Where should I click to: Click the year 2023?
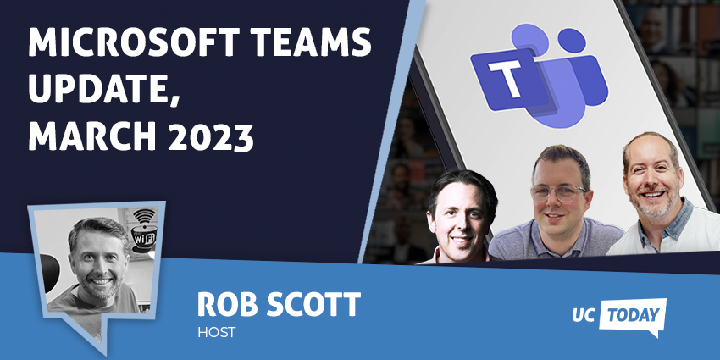pos(212,137)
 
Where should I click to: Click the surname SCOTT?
pos(313,304)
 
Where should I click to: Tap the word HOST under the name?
pos(217,332)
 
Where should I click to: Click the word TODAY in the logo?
pos(632,315)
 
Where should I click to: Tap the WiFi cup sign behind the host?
pos(143,231)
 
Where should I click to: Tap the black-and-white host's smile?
pos(101,281)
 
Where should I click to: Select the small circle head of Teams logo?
pos(571,41)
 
